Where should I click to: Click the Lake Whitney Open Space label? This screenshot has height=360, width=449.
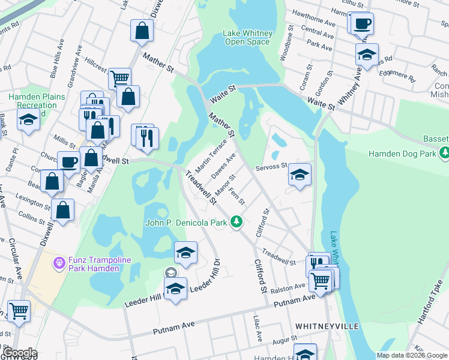point(248,37)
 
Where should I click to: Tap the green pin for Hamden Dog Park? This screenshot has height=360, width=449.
point(444,154)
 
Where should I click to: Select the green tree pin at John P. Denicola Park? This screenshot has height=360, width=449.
point(237,222)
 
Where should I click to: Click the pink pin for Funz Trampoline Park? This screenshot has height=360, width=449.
point(58,263)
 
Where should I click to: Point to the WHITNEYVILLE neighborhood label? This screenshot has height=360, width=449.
point(327,326)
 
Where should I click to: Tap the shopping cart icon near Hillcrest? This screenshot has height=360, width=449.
point(120,78)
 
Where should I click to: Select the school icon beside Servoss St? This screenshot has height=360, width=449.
point(300,175)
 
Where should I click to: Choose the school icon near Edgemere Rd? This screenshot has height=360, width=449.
point(367,55)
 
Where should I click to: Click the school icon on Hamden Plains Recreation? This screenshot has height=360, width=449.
point(28,121)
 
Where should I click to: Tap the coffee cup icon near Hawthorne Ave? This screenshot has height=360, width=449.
point(363,25)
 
